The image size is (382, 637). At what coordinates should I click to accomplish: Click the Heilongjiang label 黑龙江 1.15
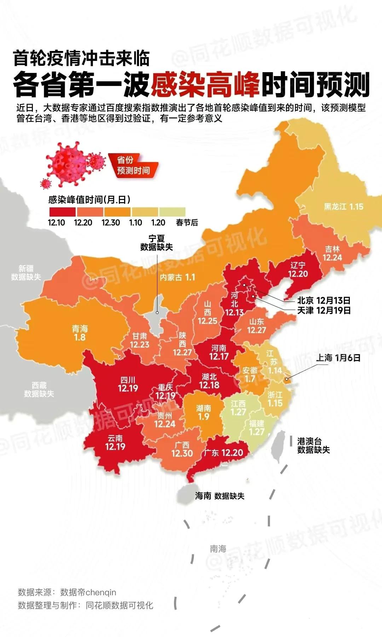tap(343, 207)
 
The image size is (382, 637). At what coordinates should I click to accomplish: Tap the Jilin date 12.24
tap(332, 258)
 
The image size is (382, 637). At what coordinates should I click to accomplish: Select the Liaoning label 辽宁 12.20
tap(298, 270)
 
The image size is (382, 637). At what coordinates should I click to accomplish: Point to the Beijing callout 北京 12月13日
tap(324, 300)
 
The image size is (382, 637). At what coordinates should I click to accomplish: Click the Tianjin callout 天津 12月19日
tap(324, 310)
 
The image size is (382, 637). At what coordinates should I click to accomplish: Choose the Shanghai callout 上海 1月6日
tap(338, 358)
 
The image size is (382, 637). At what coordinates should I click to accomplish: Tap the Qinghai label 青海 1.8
tap(80, 333)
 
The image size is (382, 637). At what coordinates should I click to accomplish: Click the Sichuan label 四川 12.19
tap(128, 384)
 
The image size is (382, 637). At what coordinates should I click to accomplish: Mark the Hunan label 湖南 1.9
tap(203, 412)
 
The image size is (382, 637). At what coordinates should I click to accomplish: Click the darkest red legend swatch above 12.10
tap(62, 212)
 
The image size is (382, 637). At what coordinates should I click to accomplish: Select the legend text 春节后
tap(187, 223)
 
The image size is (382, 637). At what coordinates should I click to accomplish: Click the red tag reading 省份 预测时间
tap(133, 165)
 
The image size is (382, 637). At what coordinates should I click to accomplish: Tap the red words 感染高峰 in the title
tap(206, 85)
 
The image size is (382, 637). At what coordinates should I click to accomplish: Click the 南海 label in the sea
tap(218, 549)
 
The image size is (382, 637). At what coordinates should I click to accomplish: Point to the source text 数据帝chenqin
tap(88, 592)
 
